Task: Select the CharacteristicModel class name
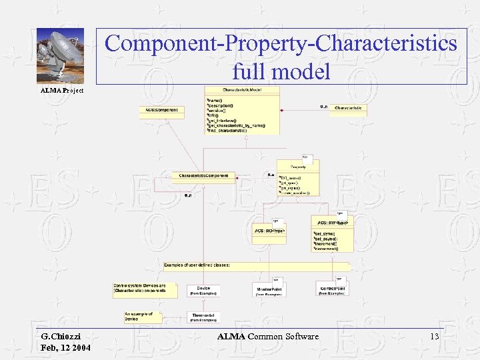242,89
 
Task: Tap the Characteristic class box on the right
348,107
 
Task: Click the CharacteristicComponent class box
203,176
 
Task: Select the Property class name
298,166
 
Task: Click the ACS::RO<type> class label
269,230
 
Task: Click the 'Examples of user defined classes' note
197,265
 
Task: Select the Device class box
203,290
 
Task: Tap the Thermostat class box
203,317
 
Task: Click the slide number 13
435,336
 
